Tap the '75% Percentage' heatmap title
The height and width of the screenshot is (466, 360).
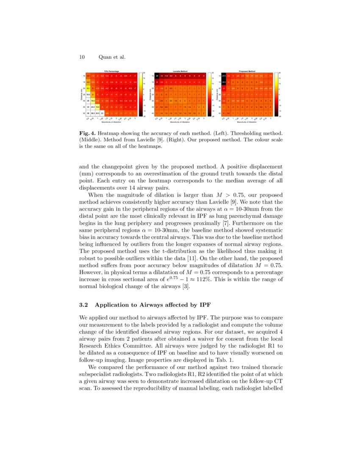[x=111, y=71]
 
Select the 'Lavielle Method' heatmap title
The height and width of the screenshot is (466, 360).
[x=180, y=71]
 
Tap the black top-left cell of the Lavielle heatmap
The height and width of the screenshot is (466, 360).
[x=157, y=76]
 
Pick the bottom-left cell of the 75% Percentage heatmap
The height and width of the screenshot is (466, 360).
[x=88, y=114]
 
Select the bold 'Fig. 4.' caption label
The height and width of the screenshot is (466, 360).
[x=88, y=133]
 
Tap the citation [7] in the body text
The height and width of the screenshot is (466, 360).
[x=227, y=222]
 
